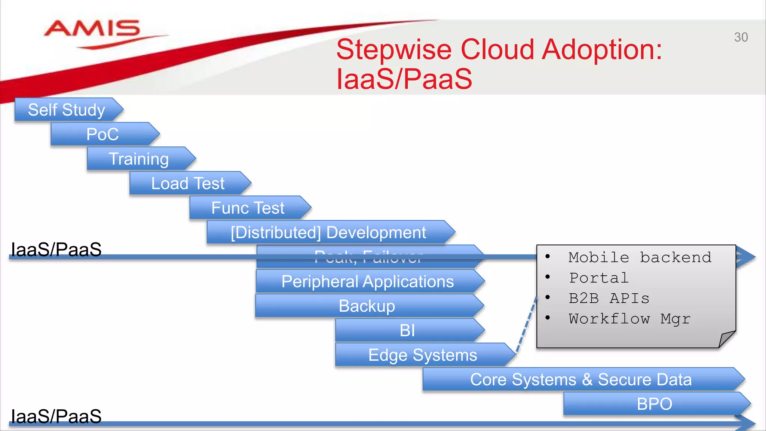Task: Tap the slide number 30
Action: [741, 37]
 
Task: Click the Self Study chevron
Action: [67, 110]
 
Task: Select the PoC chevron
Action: [103, 134]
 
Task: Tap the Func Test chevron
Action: [248, 208]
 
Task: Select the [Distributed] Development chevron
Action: [328, 232]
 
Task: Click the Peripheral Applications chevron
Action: [367, 281]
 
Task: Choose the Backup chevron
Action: [367, 306]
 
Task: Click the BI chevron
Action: [407, 330]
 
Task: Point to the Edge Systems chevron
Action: [423, 355]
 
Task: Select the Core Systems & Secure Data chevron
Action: [580, 379]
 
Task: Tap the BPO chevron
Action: [655, 404]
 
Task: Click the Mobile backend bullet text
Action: [640, 258]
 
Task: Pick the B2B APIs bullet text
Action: [609, 299]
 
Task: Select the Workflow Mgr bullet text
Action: [629, 319]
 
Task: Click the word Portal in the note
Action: [599, 278]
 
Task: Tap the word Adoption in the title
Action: [601, 49]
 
